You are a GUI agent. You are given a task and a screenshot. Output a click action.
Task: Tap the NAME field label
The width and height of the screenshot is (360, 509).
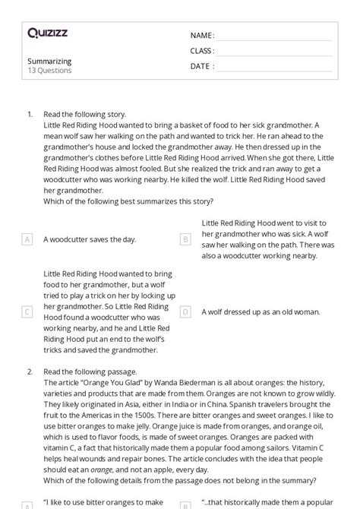coord(201,36)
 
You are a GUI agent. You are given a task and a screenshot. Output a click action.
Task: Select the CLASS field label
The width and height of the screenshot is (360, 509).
coord(202,51)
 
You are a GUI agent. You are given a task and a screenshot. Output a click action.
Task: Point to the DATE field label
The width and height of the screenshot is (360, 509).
coord(201,66)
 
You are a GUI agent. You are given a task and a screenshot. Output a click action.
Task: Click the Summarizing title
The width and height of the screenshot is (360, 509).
coord(49,61)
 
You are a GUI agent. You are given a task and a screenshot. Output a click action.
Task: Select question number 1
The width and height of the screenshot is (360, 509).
coord(30,114)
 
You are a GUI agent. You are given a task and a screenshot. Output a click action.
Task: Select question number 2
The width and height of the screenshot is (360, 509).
coord(30,371)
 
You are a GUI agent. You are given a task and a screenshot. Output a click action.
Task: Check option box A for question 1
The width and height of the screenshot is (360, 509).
coord(27,239)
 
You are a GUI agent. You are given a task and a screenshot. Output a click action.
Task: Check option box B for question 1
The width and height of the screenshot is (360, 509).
coord(185,239)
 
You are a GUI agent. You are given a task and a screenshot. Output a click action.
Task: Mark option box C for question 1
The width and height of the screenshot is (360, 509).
coord(27,311)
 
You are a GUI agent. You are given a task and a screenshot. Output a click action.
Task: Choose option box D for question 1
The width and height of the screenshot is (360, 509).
coord(185,311)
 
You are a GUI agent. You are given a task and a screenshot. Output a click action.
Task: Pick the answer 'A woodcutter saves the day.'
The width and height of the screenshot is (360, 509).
coord(90,239)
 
